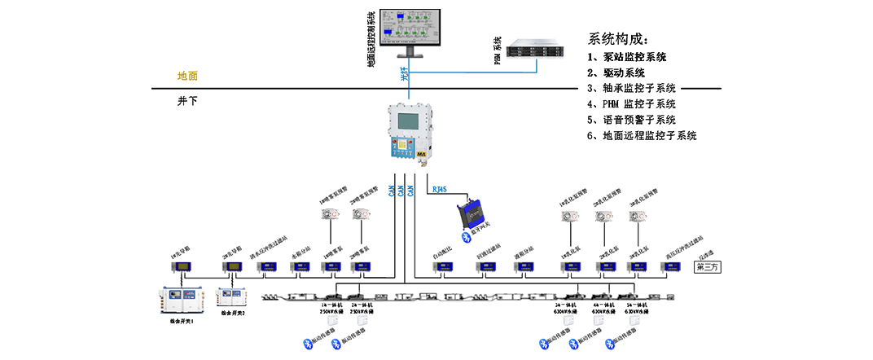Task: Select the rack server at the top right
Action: point(539,47)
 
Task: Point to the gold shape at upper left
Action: point(187,77)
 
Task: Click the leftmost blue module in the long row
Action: point(185,265)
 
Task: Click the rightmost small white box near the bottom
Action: point(633,320)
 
